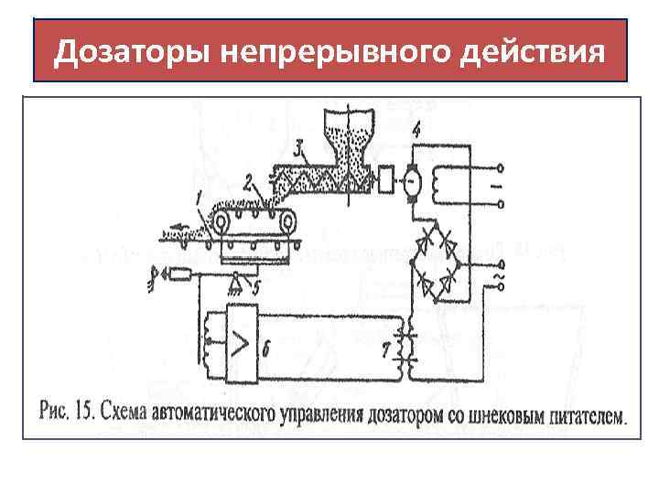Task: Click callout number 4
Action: (416, 131)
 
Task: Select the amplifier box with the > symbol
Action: (242, 344)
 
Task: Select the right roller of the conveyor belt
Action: (288, 220)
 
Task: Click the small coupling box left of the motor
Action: (385, 181)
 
